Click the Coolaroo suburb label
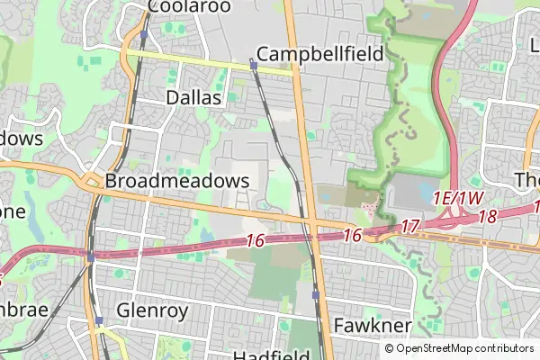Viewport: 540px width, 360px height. [x=189, y=7]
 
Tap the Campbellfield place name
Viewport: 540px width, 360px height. [x=319, y=53]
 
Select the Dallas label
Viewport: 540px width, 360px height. [x=193, y=97]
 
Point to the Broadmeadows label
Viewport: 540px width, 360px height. [x=176, y=181]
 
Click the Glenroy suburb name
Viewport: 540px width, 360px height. [x=152, y=310]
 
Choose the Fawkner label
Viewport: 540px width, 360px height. [x=372, y=325]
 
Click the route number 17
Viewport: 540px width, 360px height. [x=410, y=226]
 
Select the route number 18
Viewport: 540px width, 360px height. [x=489, y=217]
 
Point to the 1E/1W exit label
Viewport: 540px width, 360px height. [x=458, y=198]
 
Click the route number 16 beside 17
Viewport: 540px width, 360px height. [x=352, y=235]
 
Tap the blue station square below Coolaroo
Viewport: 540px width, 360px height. [x=143, y=34]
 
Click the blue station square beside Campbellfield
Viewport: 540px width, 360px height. [x=254, y=66]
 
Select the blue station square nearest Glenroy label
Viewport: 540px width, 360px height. [x=97, y=319]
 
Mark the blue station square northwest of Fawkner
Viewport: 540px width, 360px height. [x=315, y=295]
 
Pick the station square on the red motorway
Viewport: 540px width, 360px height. [x=91, y=257]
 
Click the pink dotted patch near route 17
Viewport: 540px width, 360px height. [x=369, y=209]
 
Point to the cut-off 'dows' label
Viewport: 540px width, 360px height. [x=20, y=139]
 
